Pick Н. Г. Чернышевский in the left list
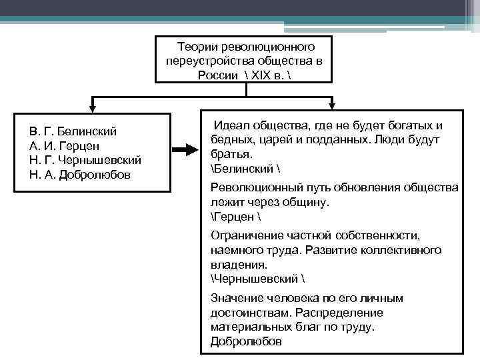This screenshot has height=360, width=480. pos(85,160)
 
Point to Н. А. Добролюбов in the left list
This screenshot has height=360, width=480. pos(80,175)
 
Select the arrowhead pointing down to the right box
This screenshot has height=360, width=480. pos(331,105)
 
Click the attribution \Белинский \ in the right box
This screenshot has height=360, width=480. pos(241,167)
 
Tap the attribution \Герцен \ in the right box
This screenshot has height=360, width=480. pos(233,217)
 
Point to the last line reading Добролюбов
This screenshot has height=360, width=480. pos(246,341)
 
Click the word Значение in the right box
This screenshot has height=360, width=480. pos(233,298)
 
